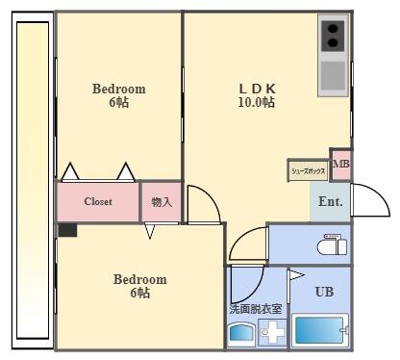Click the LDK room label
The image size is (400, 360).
click(x=256, y=89)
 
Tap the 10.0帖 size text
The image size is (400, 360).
click(x=256, y=102)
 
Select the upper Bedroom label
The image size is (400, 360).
click(x=118, y=89)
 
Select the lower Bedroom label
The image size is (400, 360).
click(x=139, y=279)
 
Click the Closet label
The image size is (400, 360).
click(x=98, y=202)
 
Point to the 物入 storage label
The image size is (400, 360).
click(x=162, y=202)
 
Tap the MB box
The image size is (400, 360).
click(x=340, y=165)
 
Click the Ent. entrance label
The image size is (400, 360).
click(x=331, y=202)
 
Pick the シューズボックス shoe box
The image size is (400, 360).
click(x=308, y=171)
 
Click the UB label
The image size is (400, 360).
click(x=325, y=291)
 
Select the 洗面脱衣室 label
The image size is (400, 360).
click(x=256, y=309)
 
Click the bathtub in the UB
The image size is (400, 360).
click(x=318, y=330)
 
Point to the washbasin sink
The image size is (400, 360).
click(x=240, y=333)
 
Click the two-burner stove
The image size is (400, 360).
click(x=333, y=36)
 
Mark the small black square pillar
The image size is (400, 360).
click(x=66, y=229)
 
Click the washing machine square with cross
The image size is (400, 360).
click(x=272, y=333)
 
